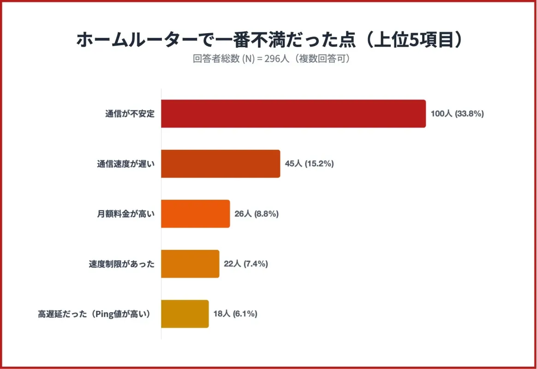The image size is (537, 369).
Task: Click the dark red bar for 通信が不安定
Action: (293, 113)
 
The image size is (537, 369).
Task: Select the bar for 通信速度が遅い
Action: (221, 164)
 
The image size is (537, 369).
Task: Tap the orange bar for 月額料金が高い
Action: (195, 214)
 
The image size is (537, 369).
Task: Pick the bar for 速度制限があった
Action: (190, 264)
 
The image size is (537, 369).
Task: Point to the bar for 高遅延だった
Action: (185, 314)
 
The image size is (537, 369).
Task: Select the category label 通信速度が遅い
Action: (125, 164)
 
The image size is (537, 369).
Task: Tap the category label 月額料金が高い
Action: (125, 214)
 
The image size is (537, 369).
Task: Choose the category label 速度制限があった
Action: (121, 264)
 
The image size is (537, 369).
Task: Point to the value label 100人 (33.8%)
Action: (457, 113)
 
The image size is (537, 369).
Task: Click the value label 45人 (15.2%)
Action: (309, 164)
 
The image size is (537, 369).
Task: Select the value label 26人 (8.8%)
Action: (257, 214)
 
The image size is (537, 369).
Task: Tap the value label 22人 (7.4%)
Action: (246, 264)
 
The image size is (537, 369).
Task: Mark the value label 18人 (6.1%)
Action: (235, 314)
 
